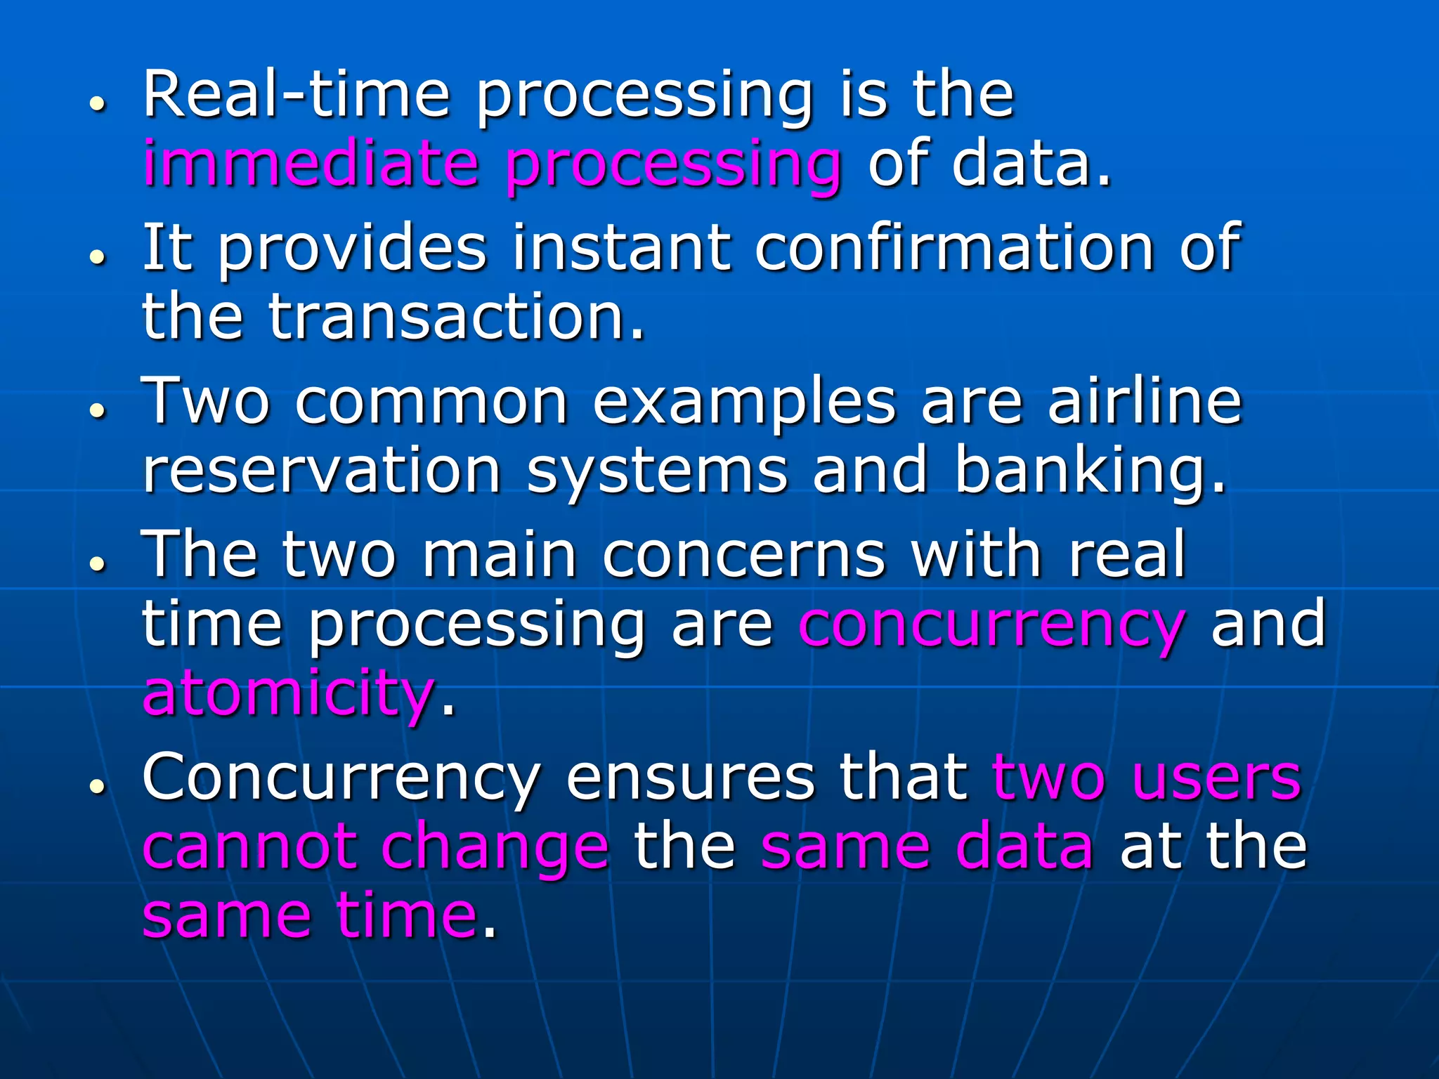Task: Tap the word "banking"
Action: click(1090, 472)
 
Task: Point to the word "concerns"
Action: click(744, 555)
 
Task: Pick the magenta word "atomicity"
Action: click(288, 693)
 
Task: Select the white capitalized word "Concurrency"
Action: click(341, 778)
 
